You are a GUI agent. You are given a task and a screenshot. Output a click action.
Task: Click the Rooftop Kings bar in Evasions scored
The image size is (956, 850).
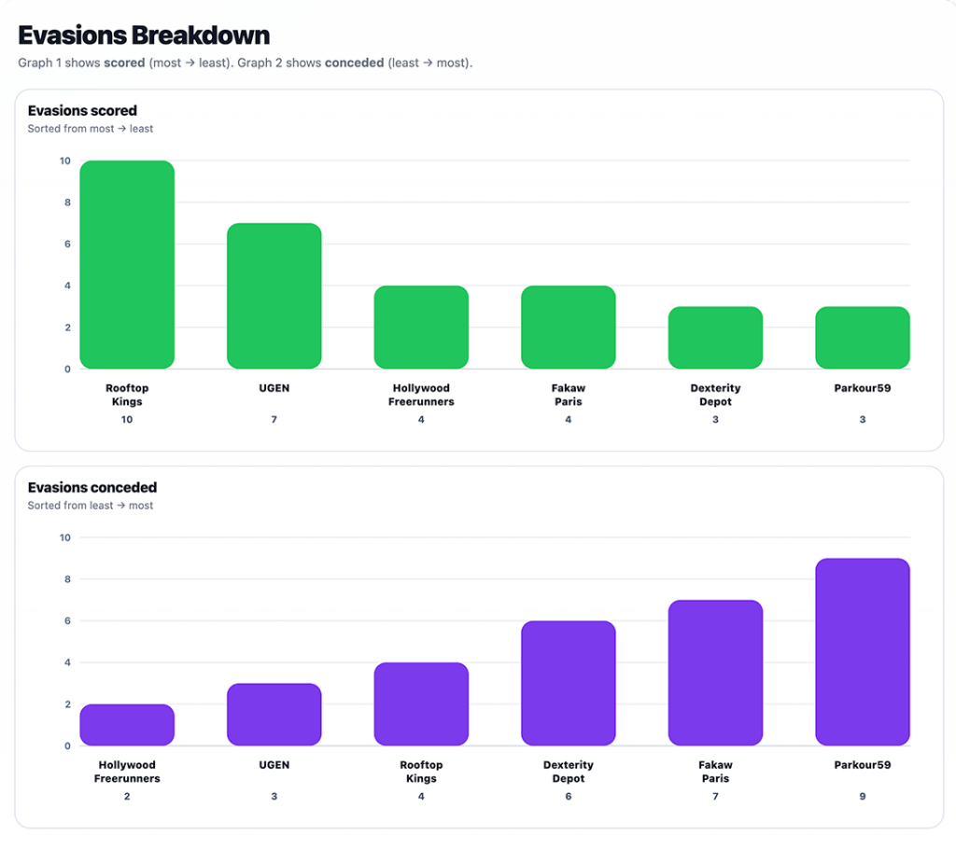pos(127,265)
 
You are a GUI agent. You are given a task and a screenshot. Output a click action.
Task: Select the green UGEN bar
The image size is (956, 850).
pos(274,296)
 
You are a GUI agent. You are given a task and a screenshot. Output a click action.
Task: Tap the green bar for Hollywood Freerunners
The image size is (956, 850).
pos(421,327)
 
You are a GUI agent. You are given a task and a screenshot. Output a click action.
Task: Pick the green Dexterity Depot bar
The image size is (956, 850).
pos(715,338)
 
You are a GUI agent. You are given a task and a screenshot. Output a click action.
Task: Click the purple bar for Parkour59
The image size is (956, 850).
pos(863,652)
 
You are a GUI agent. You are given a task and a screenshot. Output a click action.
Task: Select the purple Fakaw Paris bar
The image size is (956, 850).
pos(715,673)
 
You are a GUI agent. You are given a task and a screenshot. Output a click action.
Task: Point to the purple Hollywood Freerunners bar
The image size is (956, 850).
pos(127,725)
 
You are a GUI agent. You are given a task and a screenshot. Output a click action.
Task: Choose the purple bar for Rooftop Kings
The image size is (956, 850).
pos(421,704)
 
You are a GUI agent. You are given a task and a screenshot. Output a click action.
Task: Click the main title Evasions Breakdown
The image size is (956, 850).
pos(144,36)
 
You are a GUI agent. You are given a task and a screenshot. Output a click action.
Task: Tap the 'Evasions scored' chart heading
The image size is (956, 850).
pos(82,111)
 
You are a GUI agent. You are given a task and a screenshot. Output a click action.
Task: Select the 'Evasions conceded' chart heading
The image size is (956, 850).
pos(92,487)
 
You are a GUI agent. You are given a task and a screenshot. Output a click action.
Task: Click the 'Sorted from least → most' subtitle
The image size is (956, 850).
pos(91,506)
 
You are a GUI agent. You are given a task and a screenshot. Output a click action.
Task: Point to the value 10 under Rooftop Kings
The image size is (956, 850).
pos(127,420)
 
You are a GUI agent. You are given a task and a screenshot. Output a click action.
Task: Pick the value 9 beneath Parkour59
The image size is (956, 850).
pos(863,797)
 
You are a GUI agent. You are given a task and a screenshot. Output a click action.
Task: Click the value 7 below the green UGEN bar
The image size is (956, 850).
pos(274,420)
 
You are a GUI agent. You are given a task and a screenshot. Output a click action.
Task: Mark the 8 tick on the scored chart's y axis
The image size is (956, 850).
pos(65,202)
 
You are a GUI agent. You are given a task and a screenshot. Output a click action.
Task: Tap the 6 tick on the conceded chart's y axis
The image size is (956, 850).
pos(65,620)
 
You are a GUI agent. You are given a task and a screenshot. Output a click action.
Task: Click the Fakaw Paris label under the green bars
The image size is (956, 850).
pos(568,395)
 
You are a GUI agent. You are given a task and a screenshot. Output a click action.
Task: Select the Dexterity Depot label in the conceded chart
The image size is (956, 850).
pos(568,772)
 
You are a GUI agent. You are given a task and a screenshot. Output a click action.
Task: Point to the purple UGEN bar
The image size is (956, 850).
pos(274,715)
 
